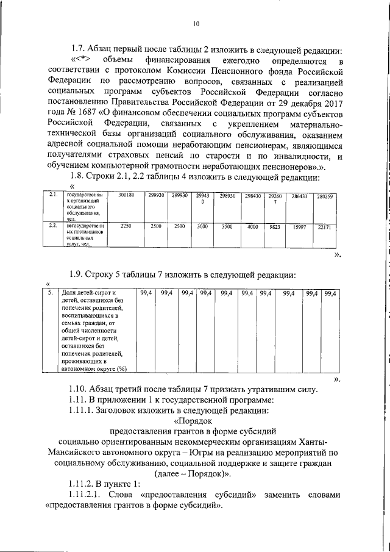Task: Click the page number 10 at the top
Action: point(195,24)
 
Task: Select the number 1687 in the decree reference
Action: point(103,114)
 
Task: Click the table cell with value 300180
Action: point(126,196)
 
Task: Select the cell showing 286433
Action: point(299,196)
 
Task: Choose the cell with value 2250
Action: point(126,226)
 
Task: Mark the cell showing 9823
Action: point(274,226)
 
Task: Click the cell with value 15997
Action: point(299,226)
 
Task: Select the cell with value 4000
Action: point(252,226)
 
